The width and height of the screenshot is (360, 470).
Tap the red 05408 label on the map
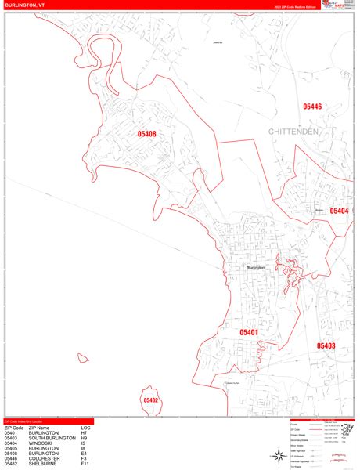click(x=147, y=134)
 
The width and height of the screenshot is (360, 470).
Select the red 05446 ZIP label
click(x=313, y=107)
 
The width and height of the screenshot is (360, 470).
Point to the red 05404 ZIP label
click(x=339, y=211)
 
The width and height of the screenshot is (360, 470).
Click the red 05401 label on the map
click(x=249, y=332)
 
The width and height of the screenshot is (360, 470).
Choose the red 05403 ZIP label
click(x=326, y=345)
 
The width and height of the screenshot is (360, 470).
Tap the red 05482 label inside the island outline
click(x=151, y=400)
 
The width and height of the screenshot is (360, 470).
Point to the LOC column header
click(x=85, y=428)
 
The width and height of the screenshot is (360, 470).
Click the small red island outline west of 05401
click(x=81, y=358)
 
